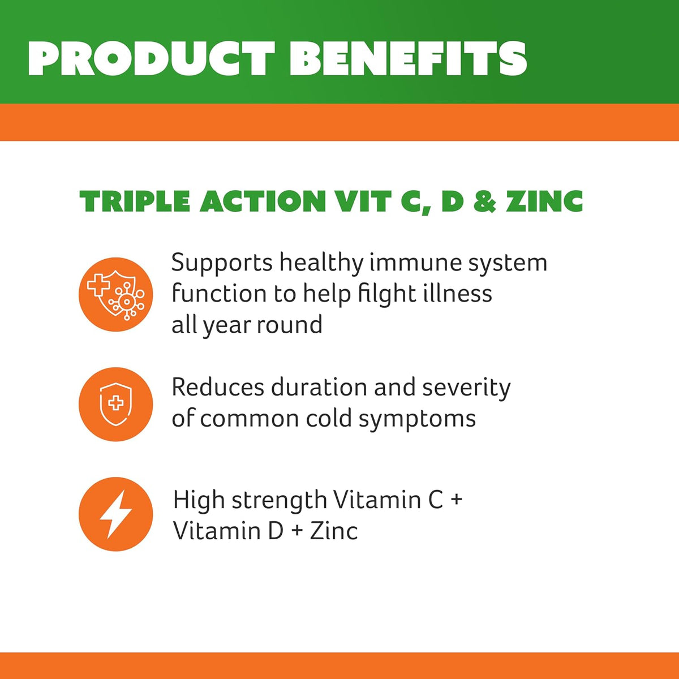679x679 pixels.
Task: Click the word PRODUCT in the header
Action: tap(151, 59)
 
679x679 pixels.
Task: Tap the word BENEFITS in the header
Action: tap(408, 59)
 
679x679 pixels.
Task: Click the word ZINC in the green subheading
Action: tap(544, 201)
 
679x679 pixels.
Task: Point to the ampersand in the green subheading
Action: tap(485, 201)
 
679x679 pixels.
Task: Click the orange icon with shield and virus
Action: tap(116, 294)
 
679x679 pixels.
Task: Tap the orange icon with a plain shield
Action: tap(116, 404)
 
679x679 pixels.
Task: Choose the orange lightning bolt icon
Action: tap(116, 514)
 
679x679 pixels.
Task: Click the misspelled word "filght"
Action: tap(382, 294)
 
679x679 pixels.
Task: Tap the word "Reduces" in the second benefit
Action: tap(218, 388)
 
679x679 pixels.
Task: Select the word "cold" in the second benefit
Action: tap(329, 419)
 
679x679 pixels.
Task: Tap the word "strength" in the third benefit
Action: tap(279, 501)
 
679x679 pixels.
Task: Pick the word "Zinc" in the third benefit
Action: tap(334, 531)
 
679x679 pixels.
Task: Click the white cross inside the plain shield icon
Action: tap(116, 402)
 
